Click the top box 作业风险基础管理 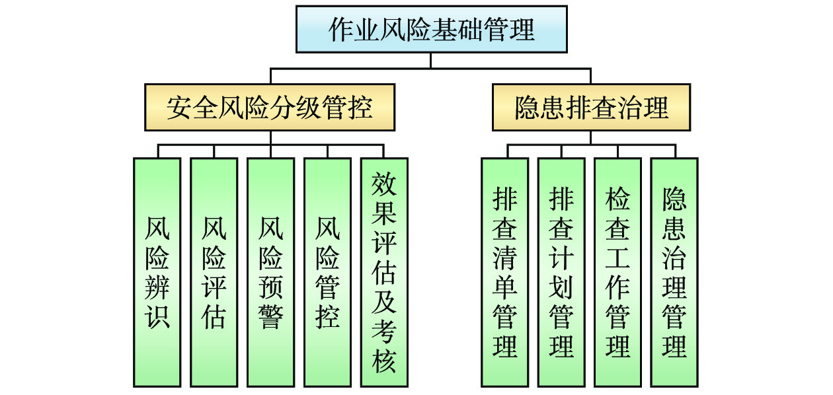(431, 29)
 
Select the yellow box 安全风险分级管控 (270, 107)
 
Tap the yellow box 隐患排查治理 (591, 107)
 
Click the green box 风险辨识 (157, 271)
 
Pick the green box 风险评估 (214, 271)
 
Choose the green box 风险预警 (270, 271)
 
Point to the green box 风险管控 (327, 271)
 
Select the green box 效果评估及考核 (384, 271)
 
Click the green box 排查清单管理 (504, 271)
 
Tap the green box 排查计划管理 (561, 271)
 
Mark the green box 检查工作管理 (617, 271)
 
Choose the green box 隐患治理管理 (674, 271)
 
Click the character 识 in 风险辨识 (157, 316)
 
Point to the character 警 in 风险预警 (270, 316)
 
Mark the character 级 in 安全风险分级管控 (309, 108)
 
